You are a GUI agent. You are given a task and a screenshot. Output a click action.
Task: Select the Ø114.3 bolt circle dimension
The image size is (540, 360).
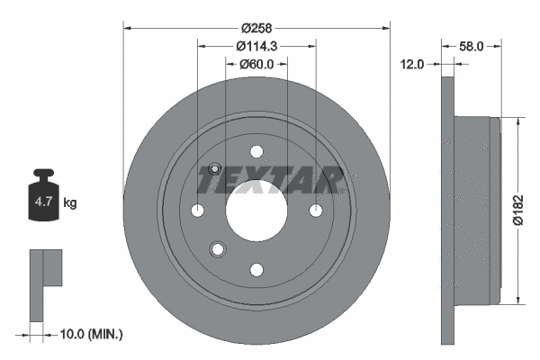(x=256, y=46)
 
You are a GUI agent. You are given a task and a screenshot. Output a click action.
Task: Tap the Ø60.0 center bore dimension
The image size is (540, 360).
(x=256, y=64)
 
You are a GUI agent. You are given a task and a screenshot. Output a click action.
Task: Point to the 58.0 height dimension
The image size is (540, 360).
(x=471, y=44)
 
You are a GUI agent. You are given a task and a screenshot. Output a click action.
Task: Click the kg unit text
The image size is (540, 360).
(x=70, y=202)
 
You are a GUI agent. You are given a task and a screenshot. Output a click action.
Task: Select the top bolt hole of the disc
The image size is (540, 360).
(x=256, y=151)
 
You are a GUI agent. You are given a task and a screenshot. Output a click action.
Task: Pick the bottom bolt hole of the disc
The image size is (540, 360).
(x=256, y=268)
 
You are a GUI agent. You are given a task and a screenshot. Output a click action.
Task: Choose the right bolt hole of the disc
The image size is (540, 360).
(x=315, y=210)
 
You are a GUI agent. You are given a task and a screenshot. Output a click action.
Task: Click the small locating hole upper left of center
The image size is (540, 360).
(x=215, y=169)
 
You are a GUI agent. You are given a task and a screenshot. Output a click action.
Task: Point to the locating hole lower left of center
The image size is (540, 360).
(x=216, y=248)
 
